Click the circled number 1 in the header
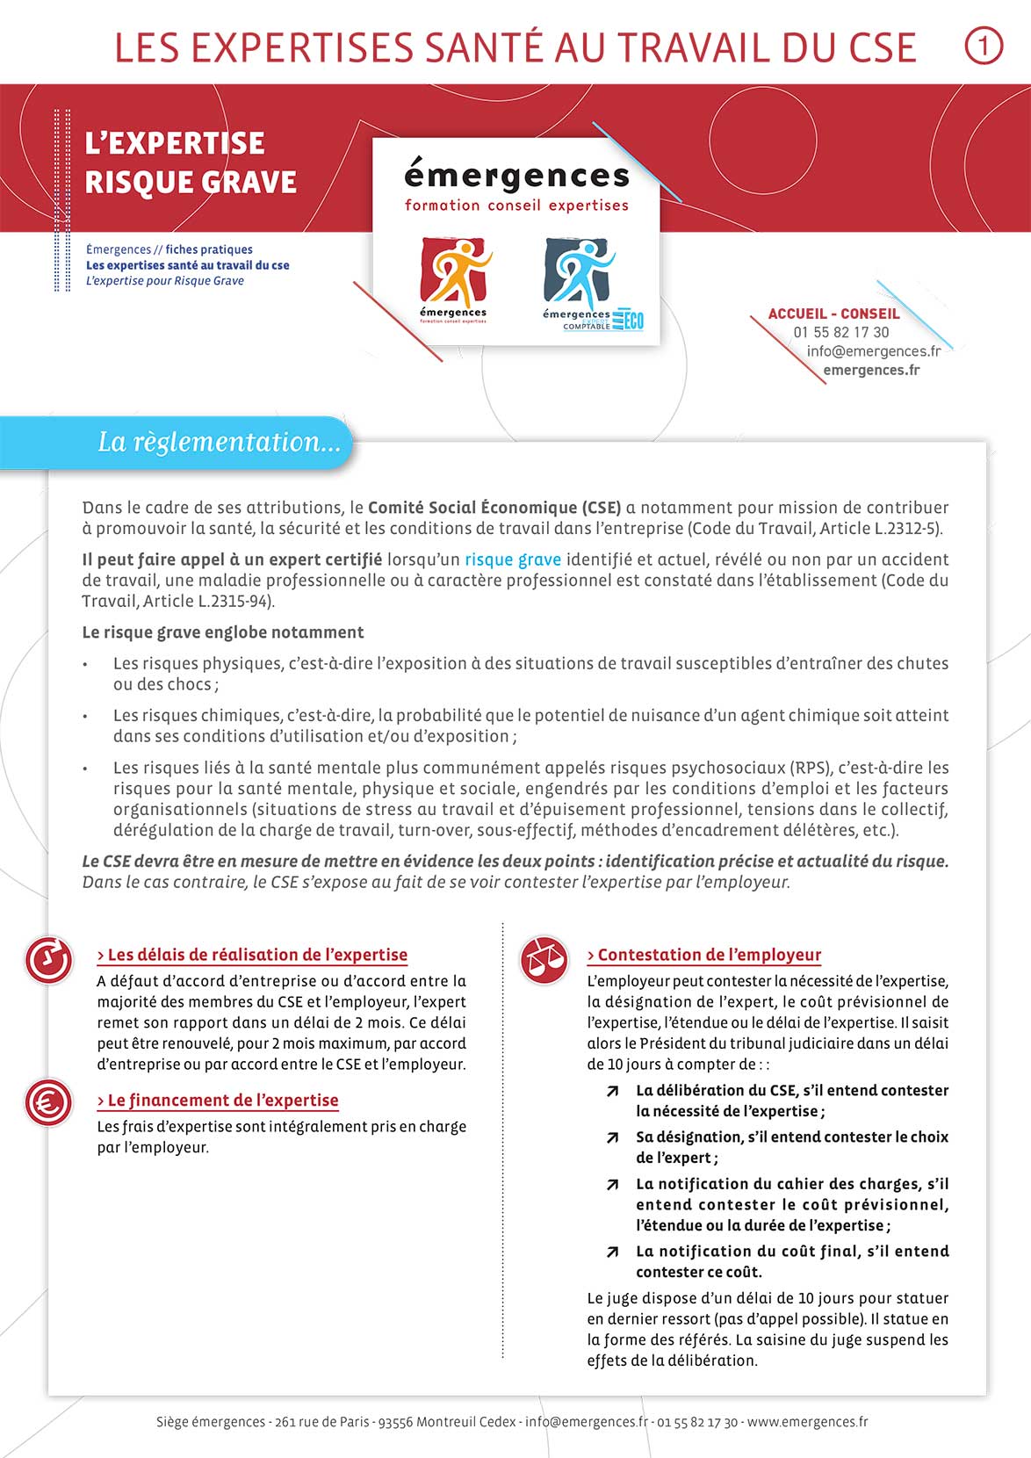tap(984, 47)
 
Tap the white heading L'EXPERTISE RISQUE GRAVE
tap(191, 162)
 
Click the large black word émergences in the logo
tap(516, 177)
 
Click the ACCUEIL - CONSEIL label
tap(833, 314)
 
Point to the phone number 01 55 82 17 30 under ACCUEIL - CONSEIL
tap(840, 332)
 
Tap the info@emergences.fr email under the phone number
tap(873, 351)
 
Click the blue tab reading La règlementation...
tap(219, 442)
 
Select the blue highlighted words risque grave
tap(513, 559)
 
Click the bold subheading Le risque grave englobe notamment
tap(223, 632)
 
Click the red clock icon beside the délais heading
tap(48, 960)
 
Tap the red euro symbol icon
tap(48, 1102)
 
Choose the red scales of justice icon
tap(544, 959)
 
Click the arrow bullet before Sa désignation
tap(612, 1138)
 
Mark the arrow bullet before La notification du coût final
tap(612, 1252)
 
